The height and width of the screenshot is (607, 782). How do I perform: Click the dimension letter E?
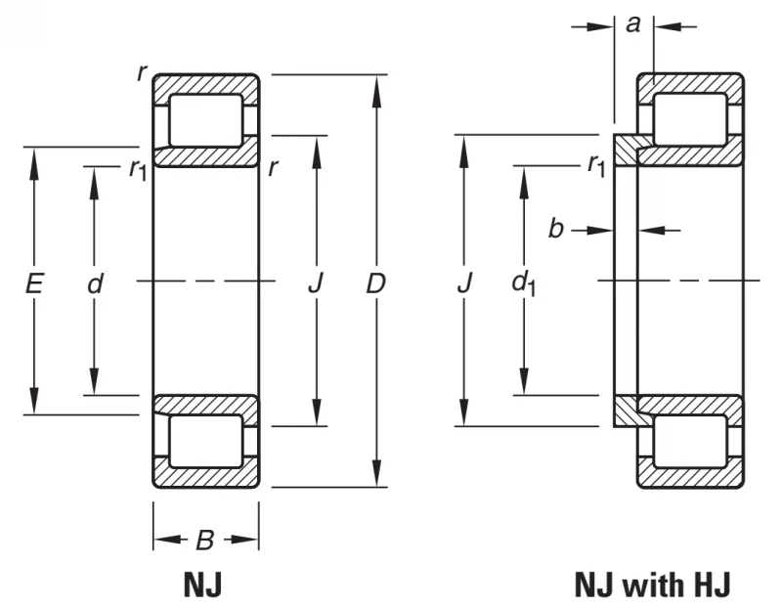[33, 283]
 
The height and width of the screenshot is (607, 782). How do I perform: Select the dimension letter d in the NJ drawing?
[95, 283]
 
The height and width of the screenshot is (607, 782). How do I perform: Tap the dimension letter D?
[376, 283]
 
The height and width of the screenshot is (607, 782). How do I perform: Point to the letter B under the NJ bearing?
[205, 540]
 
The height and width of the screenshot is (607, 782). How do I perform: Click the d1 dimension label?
[524, 284]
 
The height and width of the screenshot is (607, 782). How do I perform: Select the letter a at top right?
[632, 23]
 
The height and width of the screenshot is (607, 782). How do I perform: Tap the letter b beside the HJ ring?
[556, 229]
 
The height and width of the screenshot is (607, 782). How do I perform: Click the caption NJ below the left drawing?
[202, 585]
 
